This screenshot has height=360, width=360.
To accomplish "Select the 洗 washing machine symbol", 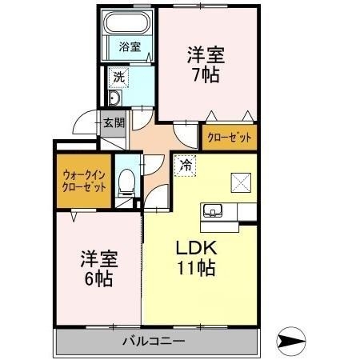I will pyautogui.click(x=118, y=78).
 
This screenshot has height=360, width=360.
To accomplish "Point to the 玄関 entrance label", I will pyautogui.click(x=113, y=123).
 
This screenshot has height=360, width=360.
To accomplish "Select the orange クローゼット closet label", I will pyautogui.click(x=229, y=138).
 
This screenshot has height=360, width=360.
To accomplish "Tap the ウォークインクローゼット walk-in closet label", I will pyautogui.click(x=84, y=181).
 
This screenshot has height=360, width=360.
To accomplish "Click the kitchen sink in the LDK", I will pyautogui.click(x=214, y=212).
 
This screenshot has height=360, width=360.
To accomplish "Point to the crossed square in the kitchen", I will pyautogui.click(x=240, y=182).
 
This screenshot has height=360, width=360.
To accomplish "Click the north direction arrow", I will pyautogui.click(x=293, y=342).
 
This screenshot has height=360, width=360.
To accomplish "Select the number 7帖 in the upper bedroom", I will pyautogui.click(x=206, y=76).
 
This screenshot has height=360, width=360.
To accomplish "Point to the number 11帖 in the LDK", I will pyautogui.click(x=196, y=268).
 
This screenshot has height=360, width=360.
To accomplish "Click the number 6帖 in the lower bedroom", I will pyautogui.click(x=98, y=280).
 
